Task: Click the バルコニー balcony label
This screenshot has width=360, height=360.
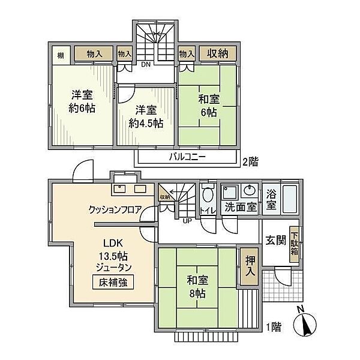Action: pos(187,157)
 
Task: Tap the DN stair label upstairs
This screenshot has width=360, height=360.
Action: pos(146,65)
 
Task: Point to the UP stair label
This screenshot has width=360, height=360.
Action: pos(187,221)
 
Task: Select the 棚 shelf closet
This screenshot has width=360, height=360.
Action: pos(61,55)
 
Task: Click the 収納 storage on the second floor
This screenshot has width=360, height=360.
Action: pos(218,53)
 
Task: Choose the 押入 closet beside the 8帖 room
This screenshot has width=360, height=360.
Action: pos(250,266)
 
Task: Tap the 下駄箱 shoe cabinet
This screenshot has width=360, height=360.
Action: pos(295,244)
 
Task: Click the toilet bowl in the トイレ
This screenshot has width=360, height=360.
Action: pos(208,195)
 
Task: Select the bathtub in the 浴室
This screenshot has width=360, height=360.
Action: pos(290,199)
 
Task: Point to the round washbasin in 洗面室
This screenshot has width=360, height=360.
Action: pos(250,190)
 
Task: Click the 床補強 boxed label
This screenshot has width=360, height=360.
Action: pos(113,282)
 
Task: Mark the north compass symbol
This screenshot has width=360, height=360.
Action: pos(305,323)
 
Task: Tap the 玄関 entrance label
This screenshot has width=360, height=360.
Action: pos(275,241)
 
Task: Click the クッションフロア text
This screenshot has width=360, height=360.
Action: pos(115,209)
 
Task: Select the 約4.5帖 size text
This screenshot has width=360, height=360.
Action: pos(146,124)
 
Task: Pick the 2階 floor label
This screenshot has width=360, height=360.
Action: pos(250,161)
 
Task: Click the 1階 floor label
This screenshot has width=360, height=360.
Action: pos(274,327)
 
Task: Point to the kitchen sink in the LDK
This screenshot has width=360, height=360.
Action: pos(119,189)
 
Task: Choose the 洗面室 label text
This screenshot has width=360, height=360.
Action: pos(241,207)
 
